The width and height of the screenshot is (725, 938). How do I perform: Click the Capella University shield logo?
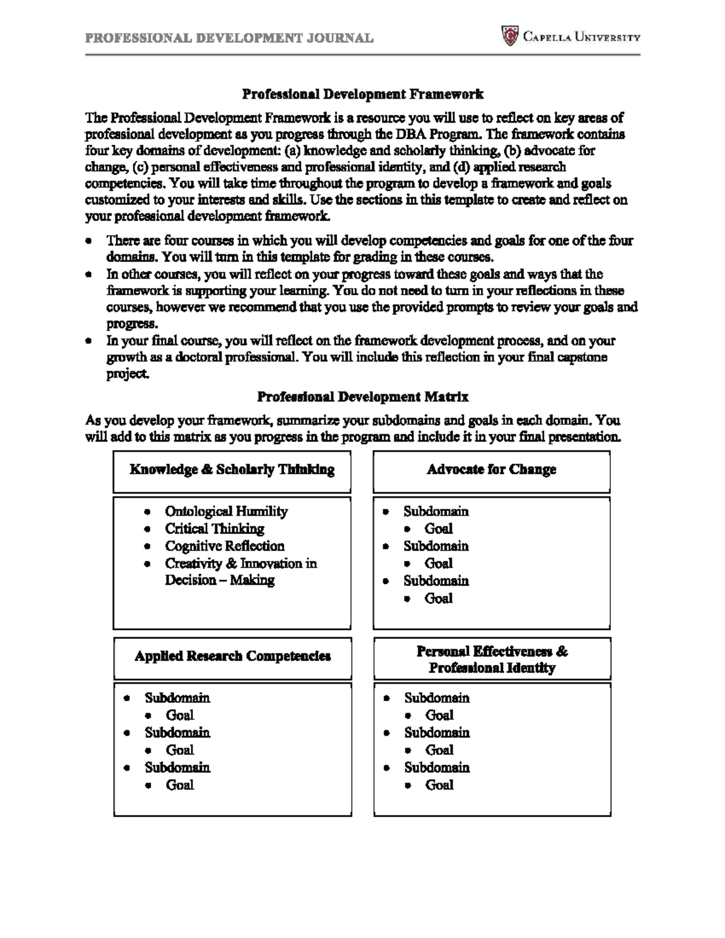(511, 36)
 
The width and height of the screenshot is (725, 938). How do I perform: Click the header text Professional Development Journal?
(229, 38)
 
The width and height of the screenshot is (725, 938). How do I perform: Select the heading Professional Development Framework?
(362, 94)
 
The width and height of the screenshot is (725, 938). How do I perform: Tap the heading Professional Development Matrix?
(362, 397)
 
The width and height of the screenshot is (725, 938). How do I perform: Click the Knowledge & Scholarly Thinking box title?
(232, 469)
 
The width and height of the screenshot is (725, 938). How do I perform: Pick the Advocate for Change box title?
(491, 469)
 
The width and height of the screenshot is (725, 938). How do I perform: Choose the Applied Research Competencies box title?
(233, 656)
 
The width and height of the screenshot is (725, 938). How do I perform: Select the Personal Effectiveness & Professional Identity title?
(492, 660)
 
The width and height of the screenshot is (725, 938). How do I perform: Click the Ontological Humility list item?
(226, 512)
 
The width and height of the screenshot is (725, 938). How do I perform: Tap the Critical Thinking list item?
(214, 528)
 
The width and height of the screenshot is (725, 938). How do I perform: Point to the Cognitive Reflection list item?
(224, 546)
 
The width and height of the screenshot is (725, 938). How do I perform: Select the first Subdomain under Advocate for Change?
(436, 512)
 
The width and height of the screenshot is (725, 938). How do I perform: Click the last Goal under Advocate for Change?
(438, 599)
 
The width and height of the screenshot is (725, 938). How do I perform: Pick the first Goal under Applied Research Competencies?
(179, 715)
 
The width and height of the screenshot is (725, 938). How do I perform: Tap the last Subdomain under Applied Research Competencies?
(177, 768)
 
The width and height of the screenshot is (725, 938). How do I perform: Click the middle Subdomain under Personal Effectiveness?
(437, 733)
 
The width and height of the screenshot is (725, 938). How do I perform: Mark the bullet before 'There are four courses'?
(89, 241)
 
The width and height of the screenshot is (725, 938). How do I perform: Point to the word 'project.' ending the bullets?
(127, 374)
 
